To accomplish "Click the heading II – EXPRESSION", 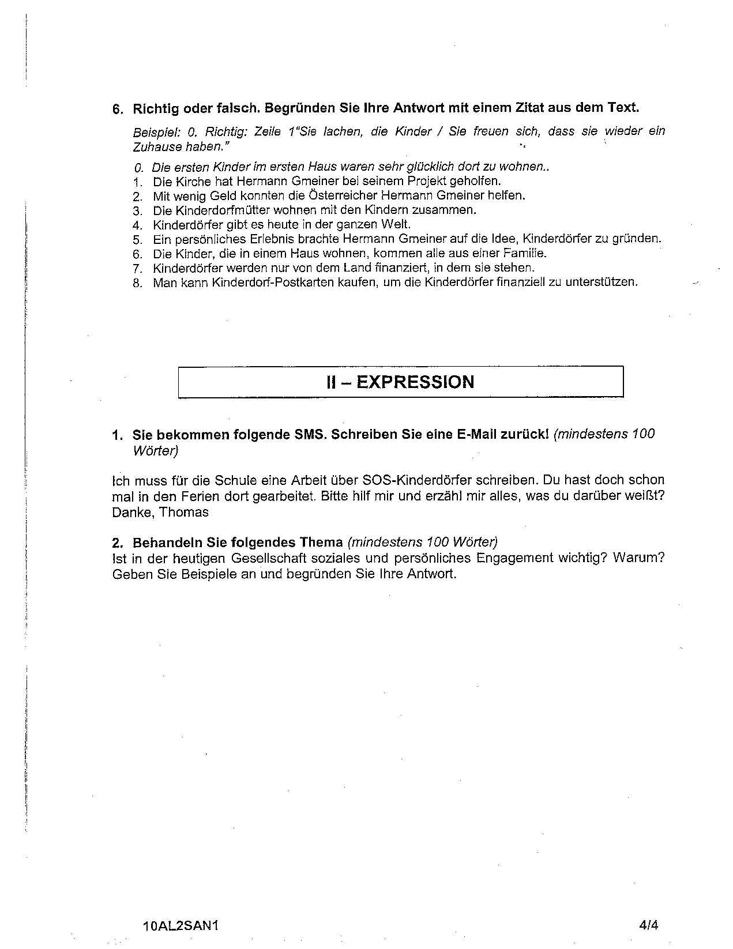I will pos(400,382).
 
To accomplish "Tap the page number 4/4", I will pos(649,925).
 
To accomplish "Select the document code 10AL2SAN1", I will pos(181,926).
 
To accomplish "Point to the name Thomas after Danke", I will pos(184,512).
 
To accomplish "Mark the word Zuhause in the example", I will pos(156,146).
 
